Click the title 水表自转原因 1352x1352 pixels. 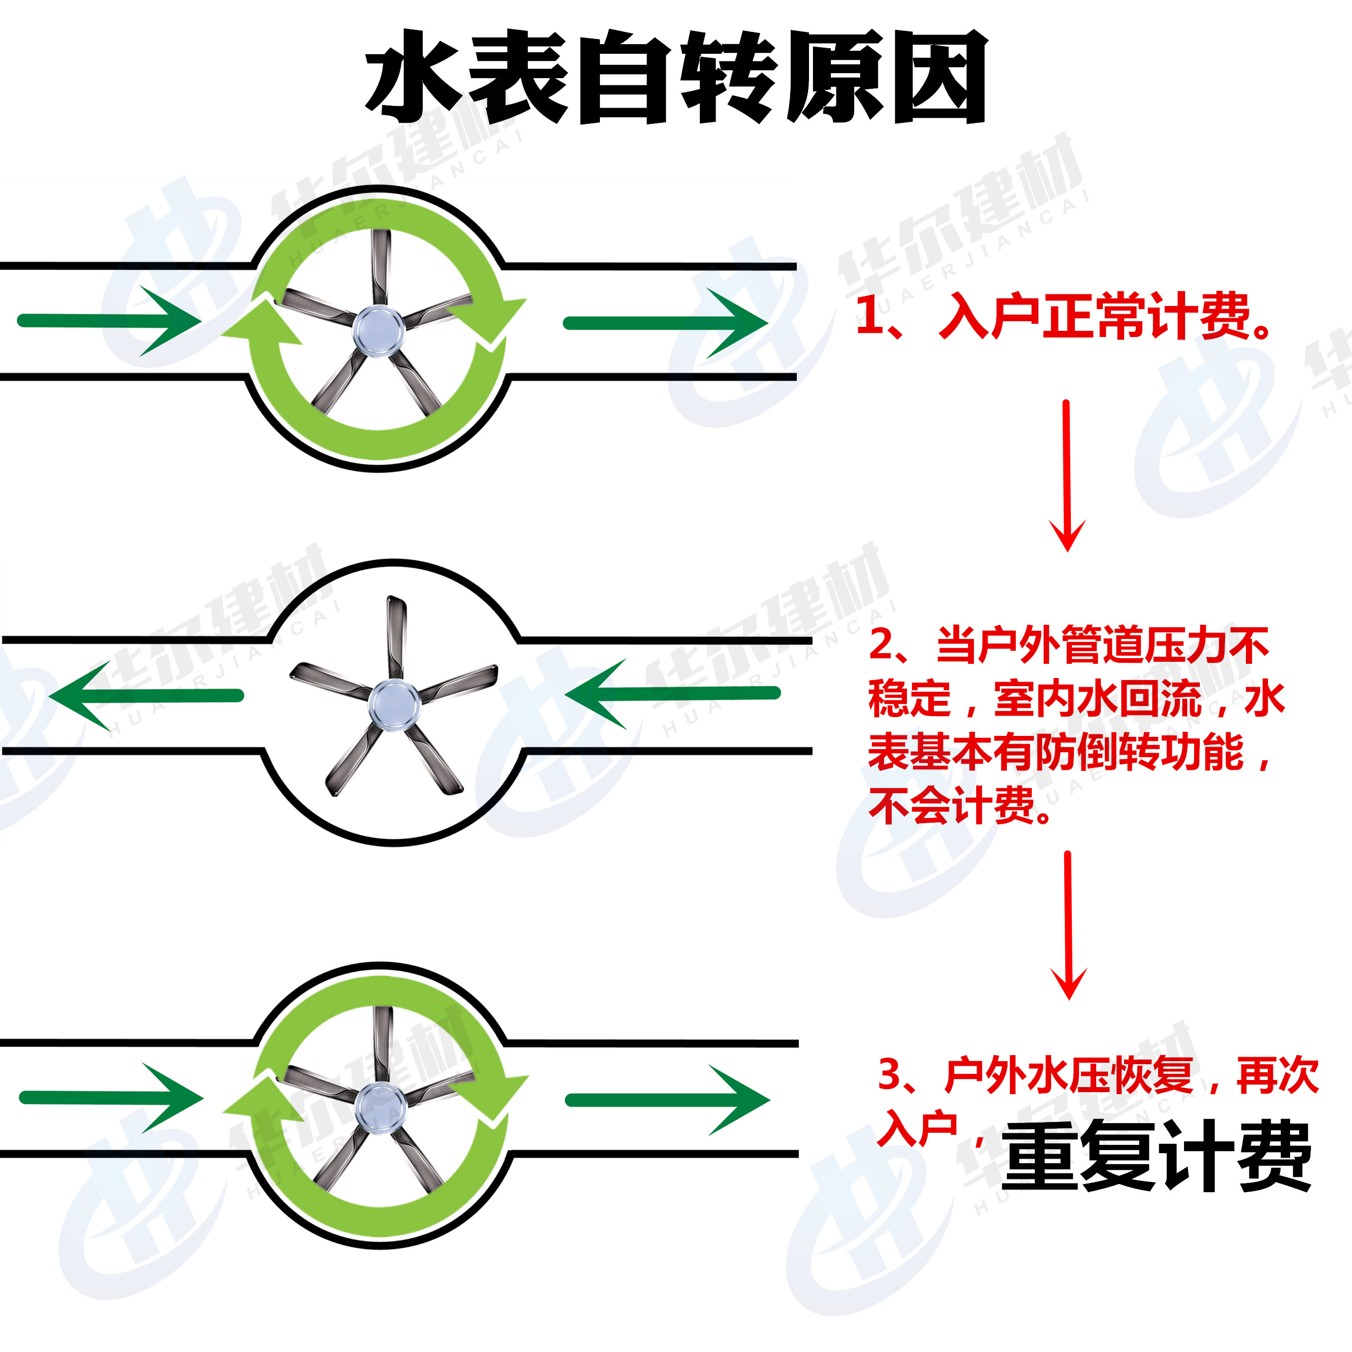tap(675, 77)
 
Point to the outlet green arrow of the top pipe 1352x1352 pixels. tap(665, 323)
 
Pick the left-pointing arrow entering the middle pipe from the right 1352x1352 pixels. tap(672, 693)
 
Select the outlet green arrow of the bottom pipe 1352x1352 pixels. tap(667, 1100)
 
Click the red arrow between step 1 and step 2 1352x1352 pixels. tap(1066, 476)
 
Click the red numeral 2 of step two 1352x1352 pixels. tap(882, 645)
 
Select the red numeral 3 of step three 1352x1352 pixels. tap(890, 1075)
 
